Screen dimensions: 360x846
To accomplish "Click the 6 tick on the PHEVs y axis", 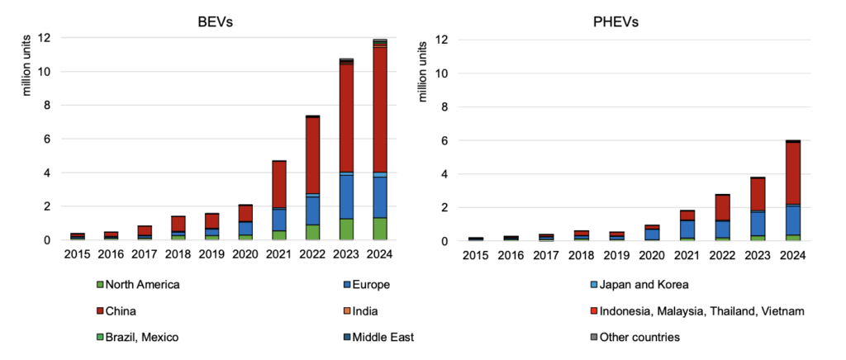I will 446,140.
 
